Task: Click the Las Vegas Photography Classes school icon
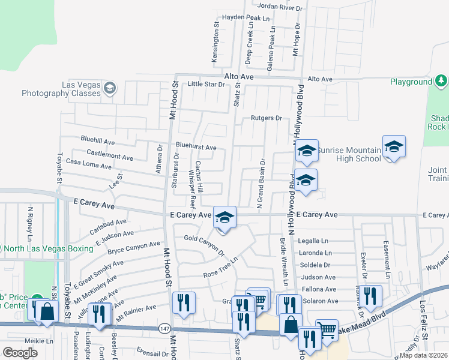tap(109, 89)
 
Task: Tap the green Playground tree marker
tap(441, 81)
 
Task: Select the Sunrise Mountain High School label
tap(349, 154)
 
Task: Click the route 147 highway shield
tap(164, 328)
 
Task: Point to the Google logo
tap(20, 352)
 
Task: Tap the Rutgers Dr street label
tap(266, 118)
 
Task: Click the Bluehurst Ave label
tap(196, 146)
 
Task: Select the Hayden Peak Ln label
tap(246, 19)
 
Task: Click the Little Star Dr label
tap(206, 85)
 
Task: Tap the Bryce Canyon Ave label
tap(134, 247)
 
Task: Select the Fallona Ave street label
tap(319, 289)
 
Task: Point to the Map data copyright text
tap(424, 355)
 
